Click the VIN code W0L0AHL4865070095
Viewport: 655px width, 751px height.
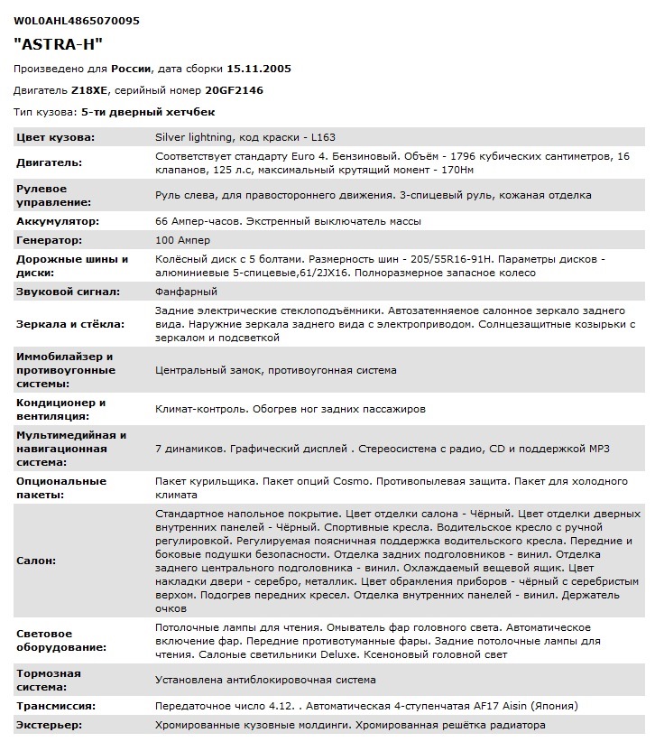pos(77,20)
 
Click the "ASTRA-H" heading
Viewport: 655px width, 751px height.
pos(59,43)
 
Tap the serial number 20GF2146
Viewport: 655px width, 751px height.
pos(234,90)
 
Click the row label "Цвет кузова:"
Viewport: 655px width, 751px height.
pos(56,137)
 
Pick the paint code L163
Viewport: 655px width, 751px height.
pos(322,137)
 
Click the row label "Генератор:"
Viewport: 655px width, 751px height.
pos(50,240)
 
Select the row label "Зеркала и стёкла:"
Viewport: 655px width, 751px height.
pos(69,323)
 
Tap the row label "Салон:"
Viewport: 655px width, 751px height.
pos(35,560)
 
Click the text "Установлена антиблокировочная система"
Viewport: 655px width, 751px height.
pos(266,680)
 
